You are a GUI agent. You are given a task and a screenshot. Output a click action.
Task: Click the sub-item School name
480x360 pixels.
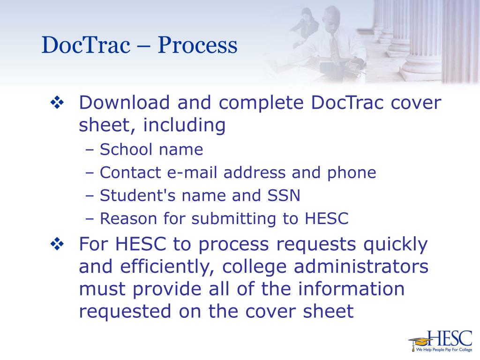(x=151, y=150)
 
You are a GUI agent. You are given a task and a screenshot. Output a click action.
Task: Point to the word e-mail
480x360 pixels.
(x=193, y=173)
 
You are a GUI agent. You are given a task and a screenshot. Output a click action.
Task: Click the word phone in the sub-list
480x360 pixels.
(x=352, y=173)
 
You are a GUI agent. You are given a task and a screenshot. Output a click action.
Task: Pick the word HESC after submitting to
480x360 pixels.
(x=326, y=218)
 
